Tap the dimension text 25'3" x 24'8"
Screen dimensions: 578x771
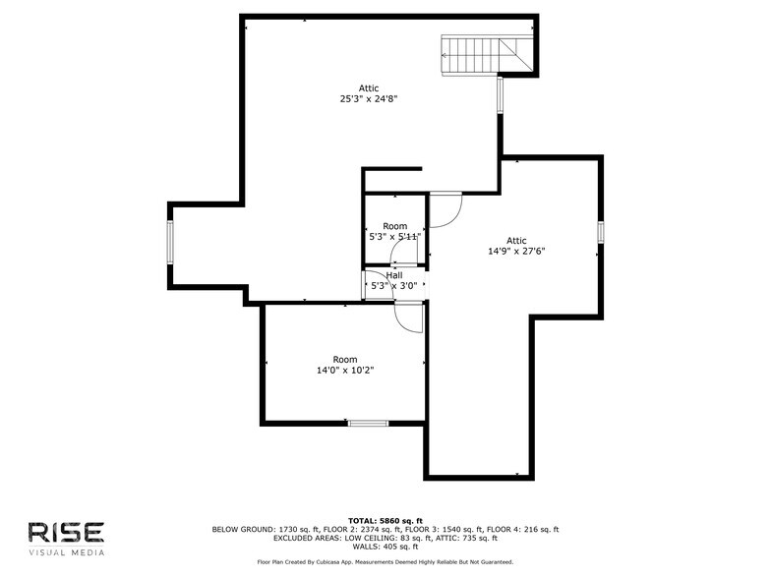369,98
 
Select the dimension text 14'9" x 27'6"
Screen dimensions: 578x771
516,251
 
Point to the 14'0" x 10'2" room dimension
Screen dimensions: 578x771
345,371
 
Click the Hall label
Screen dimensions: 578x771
393,275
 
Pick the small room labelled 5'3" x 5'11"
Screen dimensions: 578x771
394,231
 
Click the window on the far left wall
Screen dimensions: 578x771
170,243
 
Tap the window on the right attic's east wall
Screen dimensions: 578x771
600,232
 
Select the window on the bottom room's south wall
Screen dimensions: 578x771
368,423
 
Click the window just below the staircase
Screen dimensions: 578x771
501,94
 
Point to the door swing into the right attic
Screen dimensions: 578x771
445,208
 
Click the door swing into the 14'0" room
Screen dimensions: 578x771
408,317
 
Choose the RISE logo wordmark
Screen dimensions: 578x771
65,532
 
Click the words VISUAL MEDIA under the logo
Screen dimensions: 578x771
65,551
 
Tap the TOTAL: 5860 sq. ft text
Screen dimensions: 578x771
385,520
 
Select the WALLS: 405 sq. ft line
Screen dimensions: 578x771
385,547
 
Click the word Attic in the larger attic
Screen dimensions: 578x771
369,87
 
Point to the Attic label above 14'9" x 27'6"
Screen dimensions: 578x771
516,240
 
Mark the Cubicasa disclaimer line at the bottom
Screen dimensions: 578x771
385,562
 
